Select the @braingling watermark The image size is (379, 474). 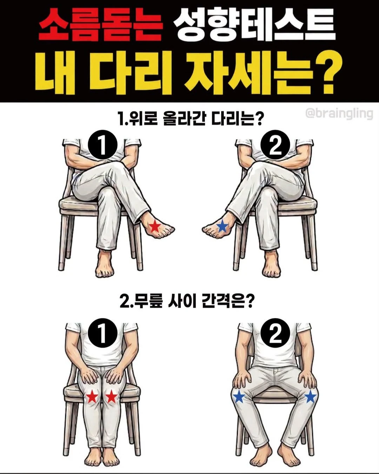coord(339,114)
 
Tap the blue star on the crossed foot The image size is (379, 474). coord(222,226)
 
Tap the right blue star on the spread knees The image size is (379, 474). coord(311,397)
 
